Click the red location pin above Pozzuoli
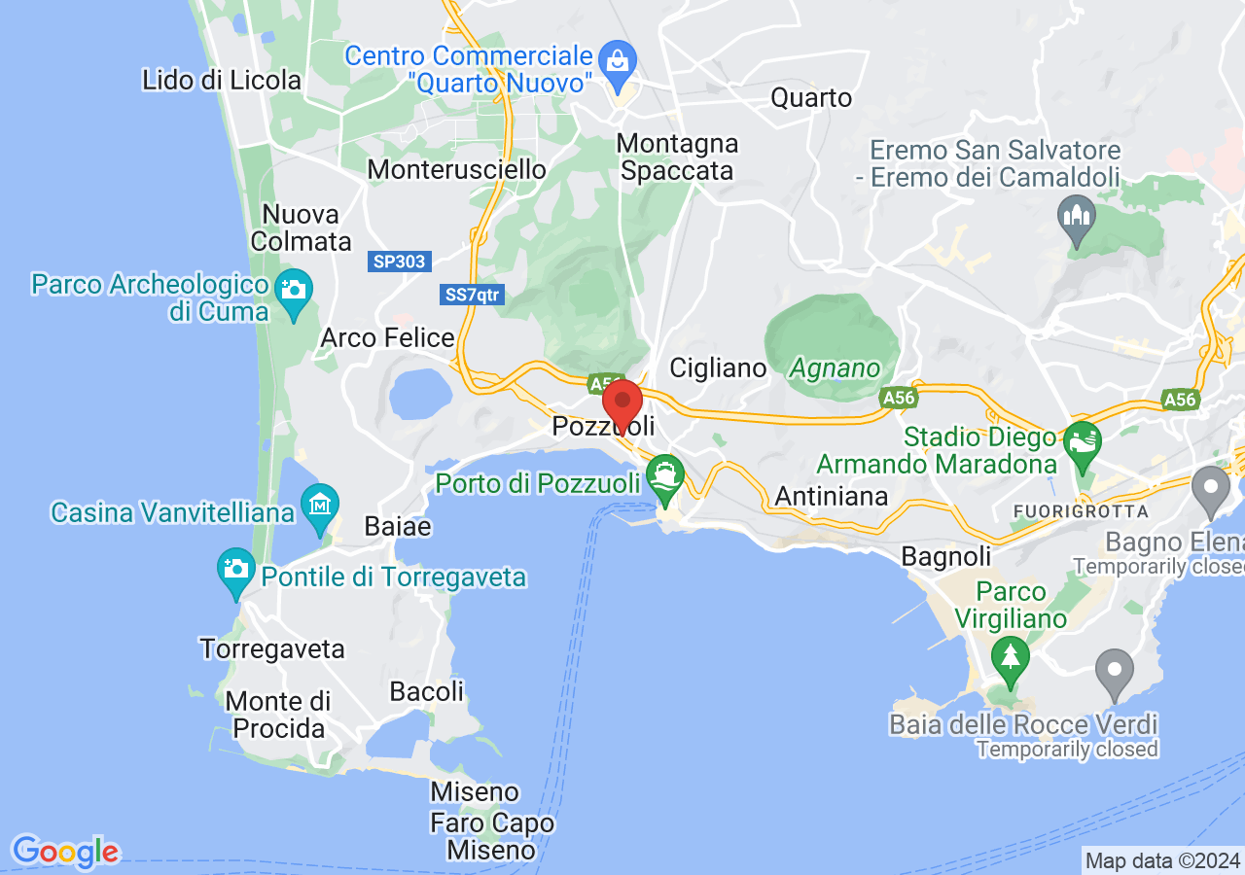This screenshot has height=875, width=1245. [622, 401]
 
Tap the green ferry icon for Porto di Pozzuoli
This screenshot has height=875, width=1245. [666, 477]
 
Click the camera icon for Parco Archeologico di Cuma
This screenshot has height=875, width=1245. [293, 290]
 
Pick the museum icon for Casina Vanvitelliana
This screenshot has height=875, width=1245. [320, 505]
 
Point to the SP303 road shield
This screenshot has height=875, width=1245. [401, 262]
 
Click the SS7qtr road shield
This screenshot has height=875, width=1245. [473, 296]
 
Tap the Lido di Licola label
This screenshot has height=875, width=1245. [222, 80]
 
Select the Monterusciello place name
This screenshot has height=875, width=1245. [456, 169]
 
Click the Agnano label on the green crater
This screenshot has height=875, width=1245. [834, 368]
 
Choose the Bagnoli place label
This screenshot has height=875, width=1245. [946, 556]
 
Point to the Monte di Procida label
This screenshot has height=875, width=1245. [277, 714]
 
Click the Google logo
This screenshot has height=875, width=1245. [65, 852]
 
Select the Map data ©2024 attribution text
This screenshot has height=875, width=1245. [1162, 860]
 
